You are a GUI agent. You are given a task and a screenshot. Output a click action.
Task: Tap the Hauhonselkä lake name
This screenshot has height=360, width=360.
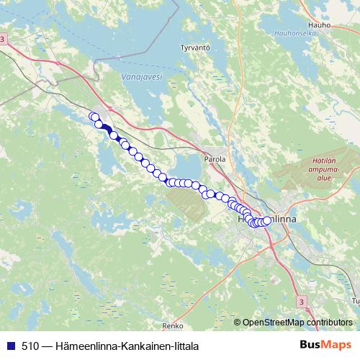[x=294, y=33]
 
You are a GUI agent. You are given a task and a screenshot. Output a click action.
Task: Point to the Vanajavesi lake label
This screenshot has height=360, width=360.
[x=143, y=76]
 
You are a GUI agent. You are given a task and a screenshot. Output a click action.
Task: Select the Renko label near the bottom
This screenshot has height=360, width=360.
[x=174, y=325]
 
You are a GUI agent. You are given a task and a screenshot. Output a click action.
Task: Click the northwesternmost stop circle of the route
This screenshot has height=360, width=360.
[x=93, y=117]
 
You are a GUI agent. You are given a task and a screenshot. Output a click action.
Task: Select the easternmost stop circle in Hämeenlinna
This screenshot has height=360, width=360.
[x=267, y=220]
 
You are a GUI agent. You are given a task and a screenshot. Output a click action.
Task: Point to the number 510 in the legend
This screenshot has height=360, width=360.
[x=30, y=346]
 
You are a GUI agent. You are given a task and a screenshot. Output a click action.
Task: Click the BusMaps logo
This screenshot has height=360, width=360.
[x=325, y=345]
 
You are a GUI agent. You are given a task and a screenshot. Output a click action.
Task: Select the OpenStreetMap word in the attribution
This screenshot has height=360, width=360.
[x=274, y=323]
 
